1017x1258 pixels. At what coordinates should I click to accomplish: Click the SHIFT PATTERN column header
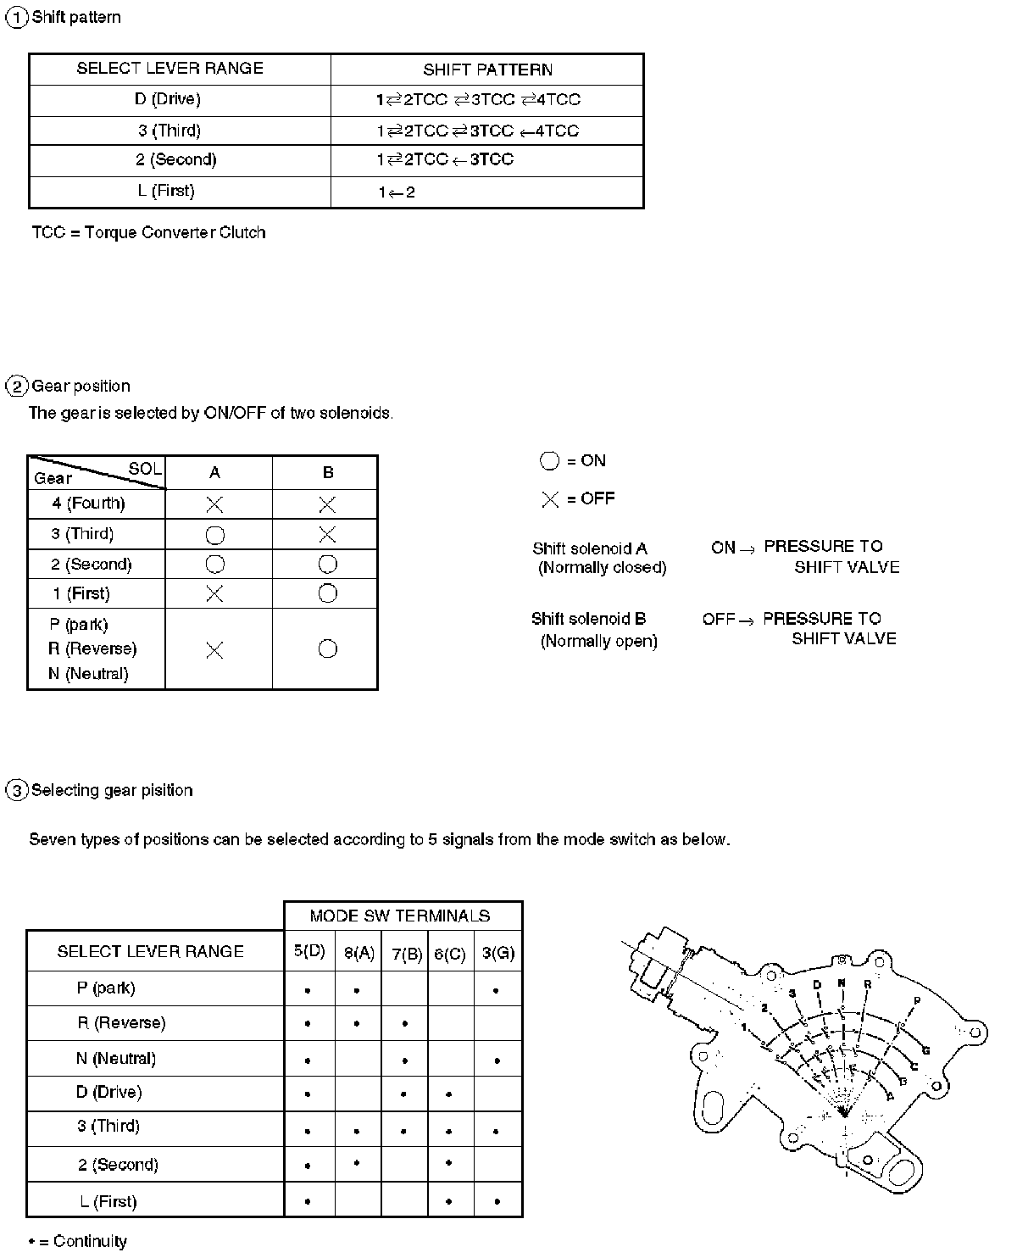tap(487, 70)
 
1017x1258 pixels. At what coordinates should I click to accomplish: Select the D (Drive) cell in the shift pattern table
tap(167, 99)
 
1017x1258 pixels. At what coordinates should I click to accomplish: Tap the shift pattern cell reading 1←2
tap(397, 192)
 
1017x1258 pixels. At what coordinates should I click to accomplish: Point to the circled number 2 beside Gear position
tap(17, 387)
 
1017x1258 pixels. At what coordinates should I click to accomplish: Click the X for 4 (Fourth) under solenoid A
tap(214, 504)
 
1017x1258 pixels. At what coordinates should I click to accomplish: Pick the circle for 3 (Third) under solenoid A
tap(215, 535)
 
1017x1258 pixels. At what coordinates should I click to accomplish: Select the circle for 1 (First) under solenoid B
tap(328, 593)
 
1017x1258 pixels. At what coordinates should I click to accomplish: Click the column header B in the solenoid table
tap(328, 473)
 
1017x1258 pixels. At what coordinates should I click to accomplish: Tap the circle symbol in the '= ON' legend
tap(549, 461)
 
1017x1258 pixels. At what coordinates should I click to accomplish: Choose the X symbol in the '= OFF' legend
tap(550, 499)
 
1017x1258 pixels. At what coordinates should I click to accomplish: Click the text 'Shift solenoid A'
tap(590, 548)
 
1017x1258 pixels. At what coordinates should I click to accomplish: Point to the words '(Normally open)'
tap(599, 641)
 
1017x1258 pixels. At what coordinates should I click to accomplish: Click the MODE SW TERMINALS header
tap(400, 916)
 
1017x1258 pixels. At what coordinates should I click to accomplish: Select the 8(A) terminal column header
tap(359, 952)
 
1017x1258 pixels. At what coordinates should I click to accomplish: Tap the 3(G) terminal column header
tap(497, 952)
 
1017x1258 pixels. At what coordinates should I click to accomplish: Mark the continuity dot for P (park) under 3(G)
tap(496, 990)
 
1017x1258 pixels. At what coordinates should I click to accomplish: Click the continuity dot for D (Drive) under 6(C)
tap(448, 1094)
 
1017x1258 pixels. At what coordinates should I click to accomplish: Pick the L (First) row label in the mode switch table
tap(108, 1201)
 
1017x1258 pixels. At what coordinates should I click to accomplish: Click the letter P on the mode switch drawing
tap(916, 1000)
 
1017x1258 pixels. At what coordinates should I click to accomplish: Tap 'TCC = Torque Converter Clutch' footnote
tap(148, 232)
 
